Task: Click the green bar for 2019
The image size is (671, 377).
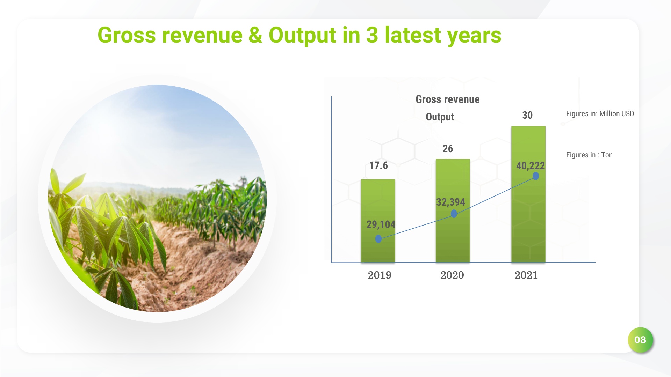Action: (378, 202)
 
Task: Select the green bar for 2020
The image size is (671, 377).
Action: (453, 182)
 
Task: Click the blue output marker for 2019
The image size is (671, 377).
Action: (378, 239)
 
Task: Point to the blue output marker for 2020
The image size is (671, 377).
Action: (454, 214)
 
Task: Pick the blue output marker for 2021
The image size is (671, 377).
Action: (536, 176)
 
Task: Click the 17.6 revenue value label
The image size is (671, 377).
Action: (378, 165)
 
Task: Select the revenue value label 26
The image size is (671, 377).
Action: (448, 149)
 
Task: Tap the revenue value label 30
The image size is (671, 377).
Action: (527, 115)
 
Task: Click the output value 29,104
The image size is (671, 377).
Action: (381, 224)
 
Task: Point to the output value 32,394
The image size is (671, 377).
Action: (450, 202)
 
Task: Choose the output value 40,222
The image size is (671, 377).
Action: (531, 166)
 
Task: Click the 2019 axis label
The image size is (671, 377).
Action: (380, 275)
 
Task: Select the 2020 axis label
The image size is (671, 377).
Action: (452, 275)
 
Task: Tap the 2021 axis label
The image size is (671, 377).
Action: (526, 275)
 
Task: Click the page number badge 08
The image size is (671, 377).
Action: (640, 340)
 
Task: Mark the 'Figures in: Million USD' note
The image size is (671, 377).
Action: (600, 114)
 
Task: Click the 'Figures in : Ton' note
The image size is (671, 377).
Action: (589, 155)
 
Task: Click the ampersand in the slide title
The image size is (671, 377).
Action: (255, 35)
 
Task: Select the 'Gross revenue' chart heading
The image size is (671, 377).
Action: (447, 99)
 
